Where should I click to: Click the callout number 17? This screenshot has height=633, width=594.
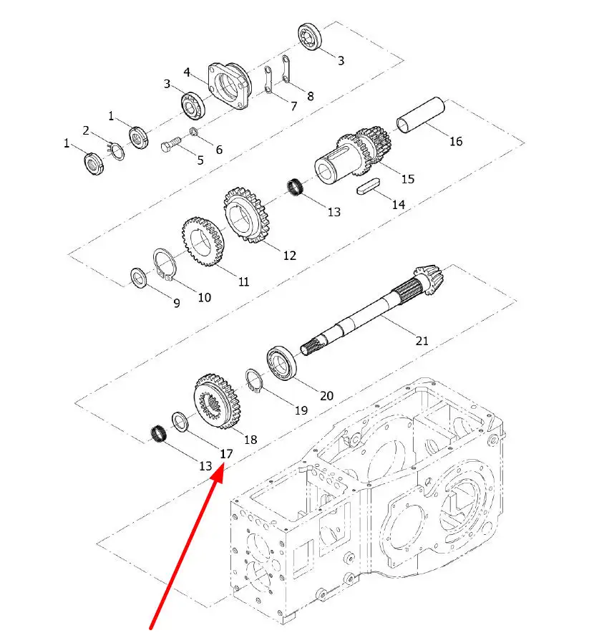click(x=226, y=453)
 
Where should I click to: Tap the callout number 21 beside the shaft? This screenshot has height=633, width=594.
click(x=422, y=341)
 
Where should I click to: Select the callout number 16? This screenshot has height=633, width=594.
click(x=455, y=141)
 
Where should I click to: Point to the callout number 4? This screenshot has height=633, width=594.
click(x=186, y=72)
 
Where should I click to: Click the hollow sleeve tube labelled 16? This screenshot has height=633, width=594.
click(x=422, y=115)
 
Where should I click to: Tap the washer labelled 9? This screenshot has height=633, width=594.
click(x=139, y=276)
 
